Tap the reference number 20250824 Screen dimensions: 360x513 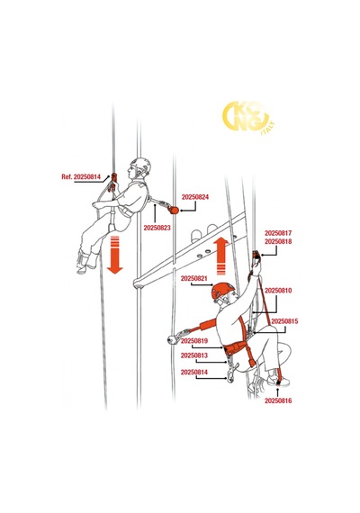(195, 197)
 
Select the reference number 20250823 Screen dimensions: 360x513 (157, 228)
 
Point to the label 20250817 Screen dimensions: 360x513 (278, 233)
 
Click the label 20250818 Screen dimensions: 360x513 (278, 241)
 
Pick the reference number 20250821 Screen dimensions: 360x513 (194, 278)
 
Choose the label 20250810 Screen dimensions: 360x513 (278, 291)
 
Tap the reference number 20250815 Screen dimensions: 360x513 (284, 321)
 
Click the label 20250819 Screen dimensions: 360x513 (194, 341)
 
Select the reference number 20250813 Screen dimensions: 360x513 (194, 355)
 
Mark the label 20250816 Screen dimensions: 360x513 (278, 400)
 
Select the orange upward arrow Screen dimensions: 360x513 (220, 256)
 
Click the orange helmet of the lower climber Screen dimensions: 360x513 (222, 291)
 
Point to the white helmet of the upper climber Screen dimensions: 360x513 (141, 165)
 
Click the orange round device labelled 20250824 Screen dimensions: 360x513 (175, 210)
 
